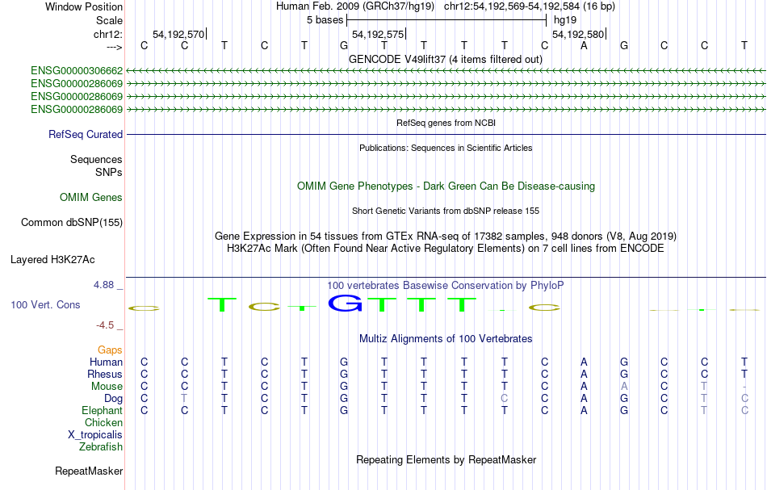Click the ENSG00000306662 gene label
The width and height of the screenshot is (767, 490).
(x=77, y=71)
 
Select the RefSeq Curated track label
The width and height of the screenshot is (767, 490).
(x=86, y=135)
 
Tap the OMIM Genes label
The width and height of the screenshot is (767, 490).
(x=91, y=198)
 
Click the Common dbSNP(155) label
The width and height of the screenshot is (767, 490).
(x=72, y=223)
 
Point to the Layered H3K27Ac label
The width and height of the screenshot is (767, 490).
(x=52, y=260)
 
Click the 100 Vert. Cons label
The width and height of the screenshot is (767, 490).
(x=45, y=305)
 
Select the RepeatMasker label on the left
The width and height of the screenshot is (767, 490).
(x=89, y=471)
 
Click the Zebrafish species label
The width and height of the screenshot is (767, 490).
(x=101, y=447)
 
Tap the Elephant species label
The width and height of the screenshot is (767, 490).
(x=103, y=411)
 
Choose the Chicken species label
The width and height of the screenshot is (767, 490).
(x=103, y=423)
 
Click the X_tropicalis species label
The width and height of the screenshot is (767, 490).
(x=95, y=435)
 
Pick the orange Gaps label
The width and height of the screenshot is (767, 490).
(x=110, y=350)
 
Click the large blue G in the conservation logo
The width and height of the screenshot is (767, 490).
(x=346, y=304)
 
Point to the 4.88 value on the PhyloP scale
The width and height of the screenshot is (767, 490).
(x=103, y=285)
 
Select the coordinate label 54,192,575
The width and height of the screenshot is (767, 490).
(x=378, y=34)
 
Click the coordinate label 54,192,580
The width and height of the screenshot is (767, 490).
(x=578, y=34)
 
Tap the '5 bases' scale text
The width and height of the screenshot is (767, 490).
(x=325, y=20)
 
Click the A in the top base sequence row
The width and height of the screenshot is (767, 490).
(x=584, y=46)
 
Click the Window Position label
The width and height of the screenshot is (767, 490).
(x=84, y=7)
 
